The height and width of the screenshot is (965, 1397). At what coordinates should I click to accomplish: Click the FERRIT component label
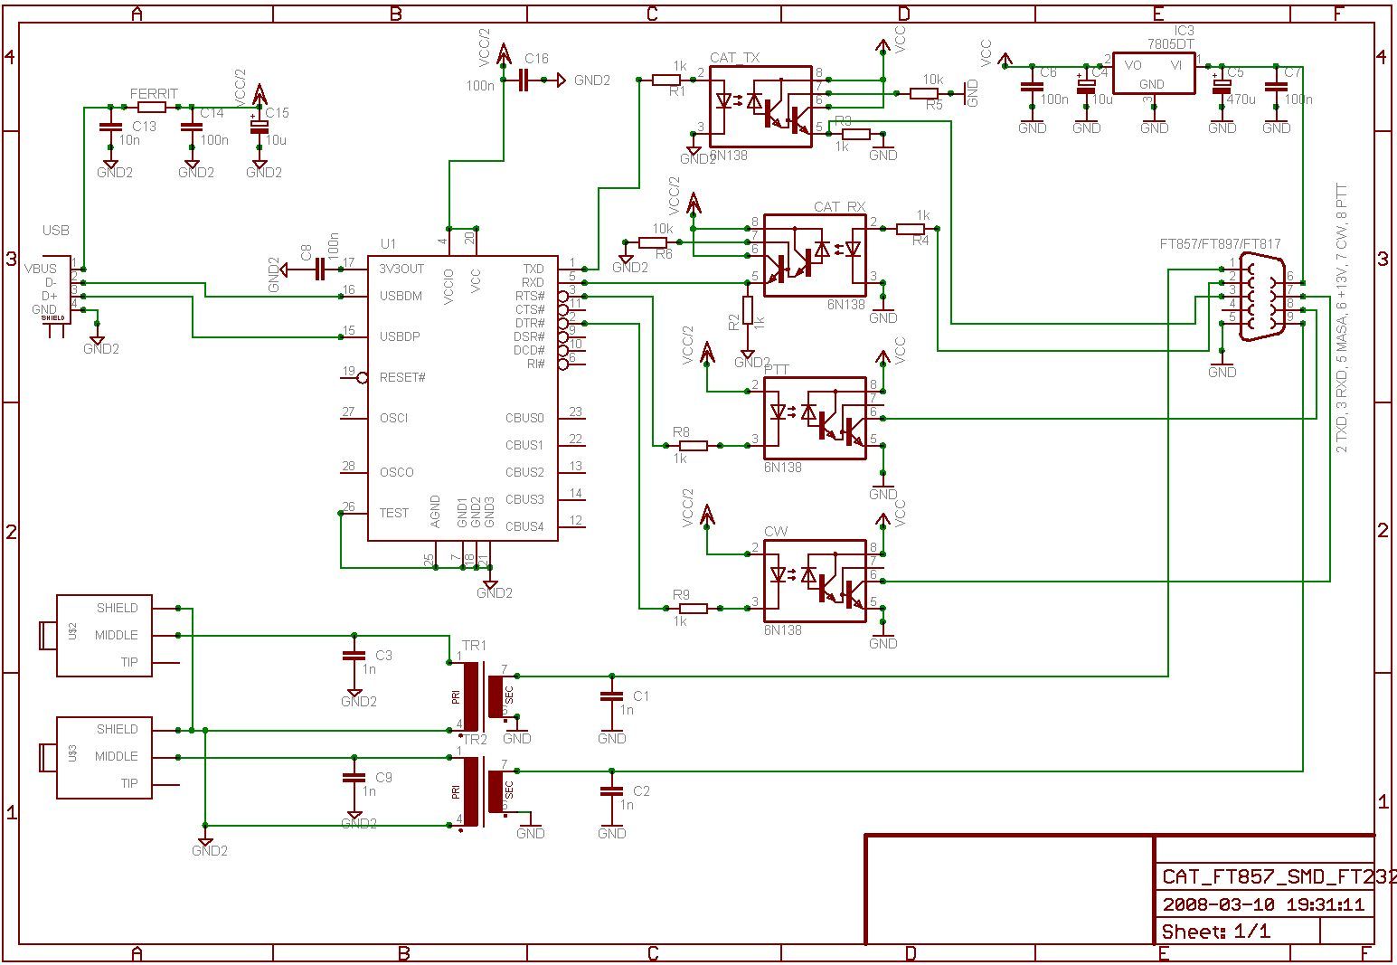point(154,94)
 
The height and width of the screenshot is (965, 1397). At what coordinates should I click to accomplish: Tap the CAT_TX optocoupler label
point(734,58)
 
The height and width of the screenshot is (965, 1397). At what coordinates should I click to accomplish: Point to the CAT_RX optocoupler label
point(839,207)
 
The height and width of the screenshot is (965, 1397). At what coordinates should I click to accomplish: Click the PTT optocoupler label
point(776,370)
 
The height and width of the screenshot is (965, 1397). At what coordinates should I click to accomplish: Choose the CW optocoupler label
point(775,532)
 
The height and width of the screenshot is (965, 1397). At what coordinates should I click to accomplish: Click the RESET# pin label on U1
point(402,378)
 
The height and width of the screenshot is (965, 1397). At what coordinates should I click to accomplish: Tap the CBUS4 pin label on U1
point(524,526)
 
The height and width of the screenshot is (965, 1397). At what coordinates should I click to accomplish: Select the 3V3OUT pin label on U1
point(401,269)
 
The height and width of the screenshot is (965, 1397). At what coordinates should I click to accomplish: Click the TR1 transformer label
point(474,645)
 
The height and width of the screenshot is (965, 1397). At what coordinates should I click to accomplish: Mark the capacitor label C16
point(536,59)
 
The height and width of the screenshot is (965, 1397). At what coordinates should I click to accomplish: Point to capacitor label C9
point(383,778)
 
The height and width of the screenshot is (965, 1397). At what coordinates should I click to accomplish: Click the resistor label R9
point(681,594)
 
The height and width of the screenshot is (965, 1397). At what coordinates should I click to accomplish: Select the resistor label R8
point(681,431)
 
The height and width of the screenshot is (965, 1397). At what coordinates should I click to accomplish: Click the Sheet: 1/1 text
point(1215,932)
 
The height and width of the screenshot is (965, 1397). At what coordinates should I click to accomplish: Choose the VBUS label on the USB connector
point(40,269)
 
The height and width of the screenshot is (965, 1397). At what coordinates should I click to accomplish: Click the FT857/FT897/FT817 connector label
point(1220,244)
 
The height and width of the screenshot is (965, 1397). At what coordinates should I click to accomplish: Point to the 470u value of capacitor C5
point(1241,99)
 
